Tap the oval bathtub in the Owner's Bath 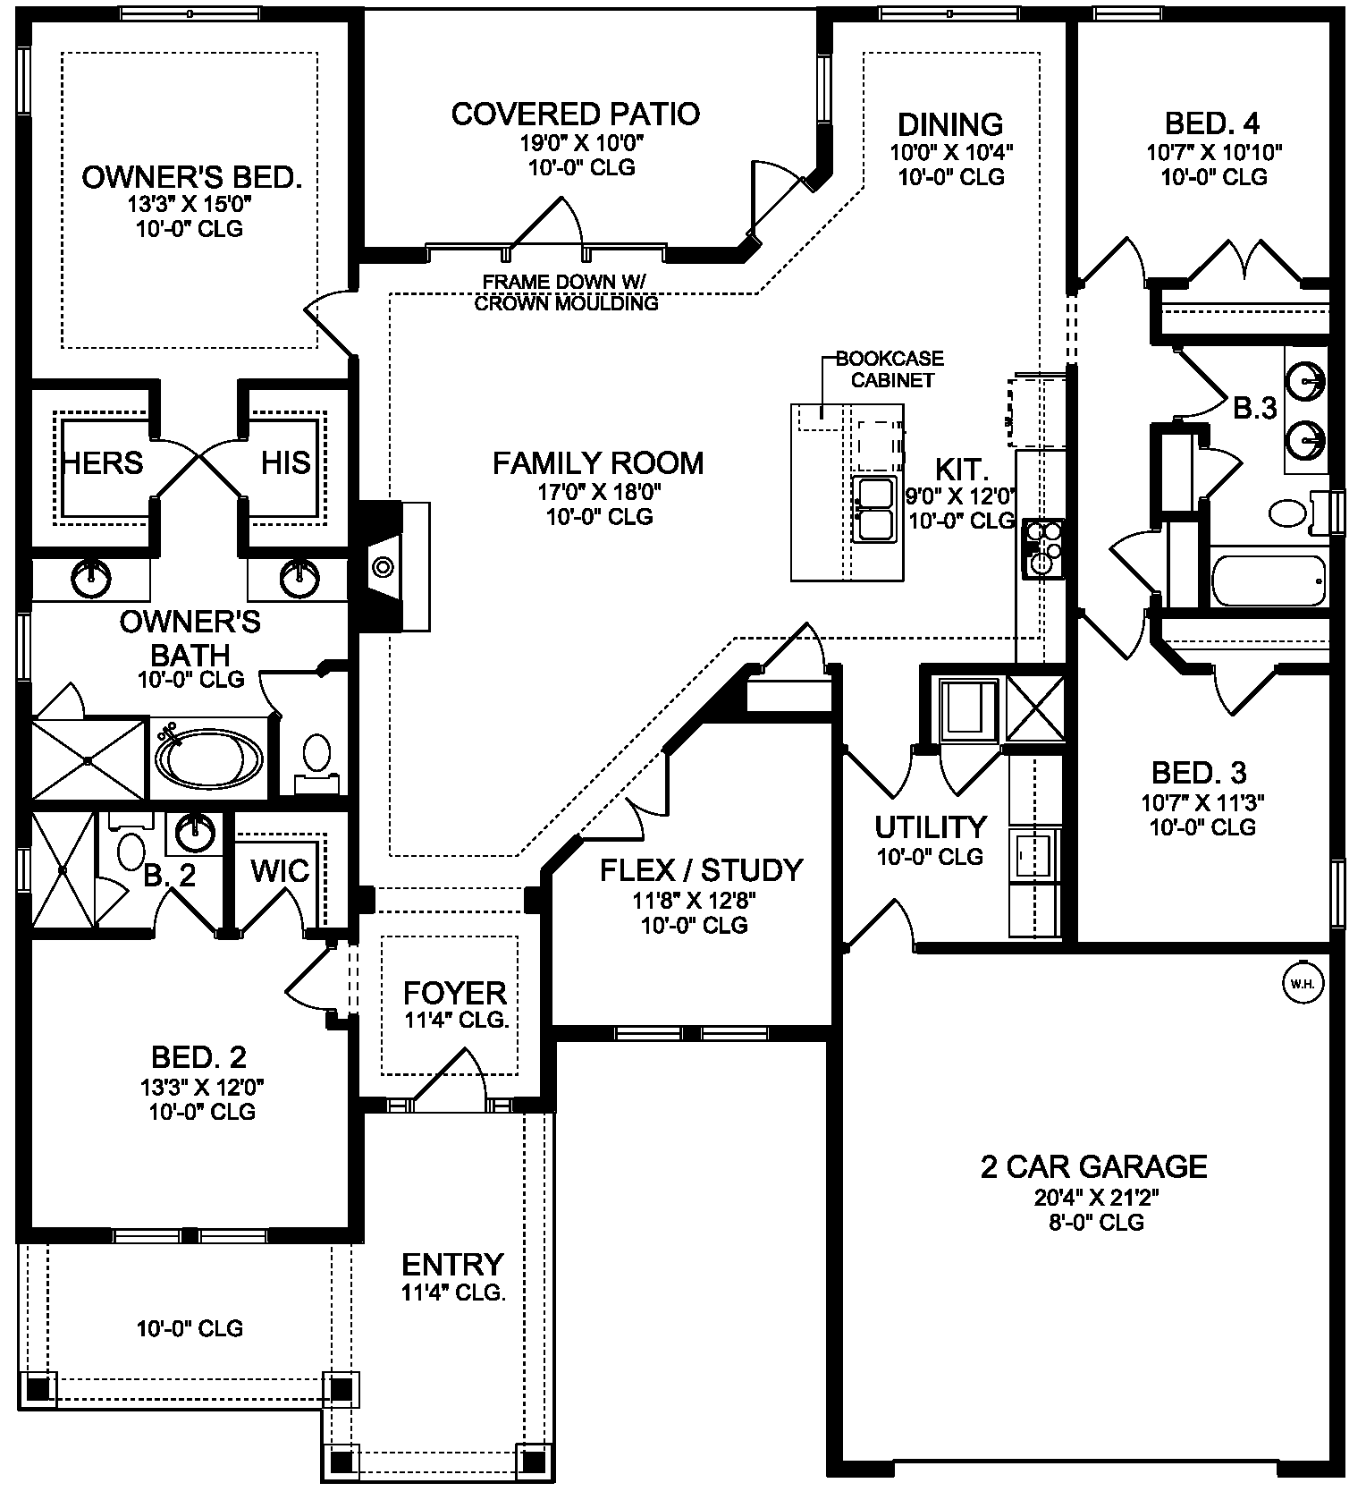pos(209,758)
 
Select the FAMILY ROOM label pos(598,463)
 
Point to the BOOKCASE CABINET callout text pos(889,369)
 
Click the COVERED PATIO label pos(575,114)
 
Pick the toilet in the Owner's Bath pos(316,760)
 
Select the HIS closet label pos(285,462)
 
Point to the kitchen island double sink pos(874,509)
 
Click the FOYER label pos(455,993)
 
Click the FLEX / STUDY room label pos(701,870)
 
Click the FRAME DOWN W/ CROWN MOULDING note pos(566,292)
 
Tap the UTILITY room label pos(930,827)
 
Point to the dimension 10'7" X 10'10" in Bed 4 pos(1214,153)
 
